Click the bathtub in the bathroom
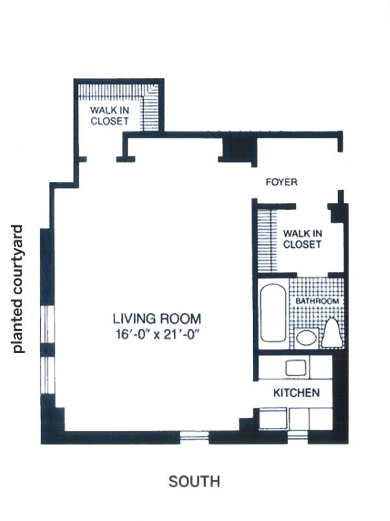tap(273, 313)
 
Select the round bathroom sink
tap(306, 338)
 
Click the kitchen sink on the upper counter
tap(296, 367)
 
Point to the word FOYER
tap(281, 182)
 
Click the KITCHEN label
tap(296, 393)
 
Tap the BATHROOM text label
tap(317, 301)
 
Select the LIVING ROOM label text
tap(157, 318)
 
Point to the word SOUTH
tap(194, 481)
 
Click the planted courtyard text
tap(18, 289)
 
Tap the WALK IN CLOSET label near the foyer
tap(302, 239)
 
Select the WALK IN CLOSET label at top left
tap(109, 115)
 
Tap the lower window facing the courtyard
tap(49, 376)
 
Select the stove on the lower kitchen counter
tap(272, 419)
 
